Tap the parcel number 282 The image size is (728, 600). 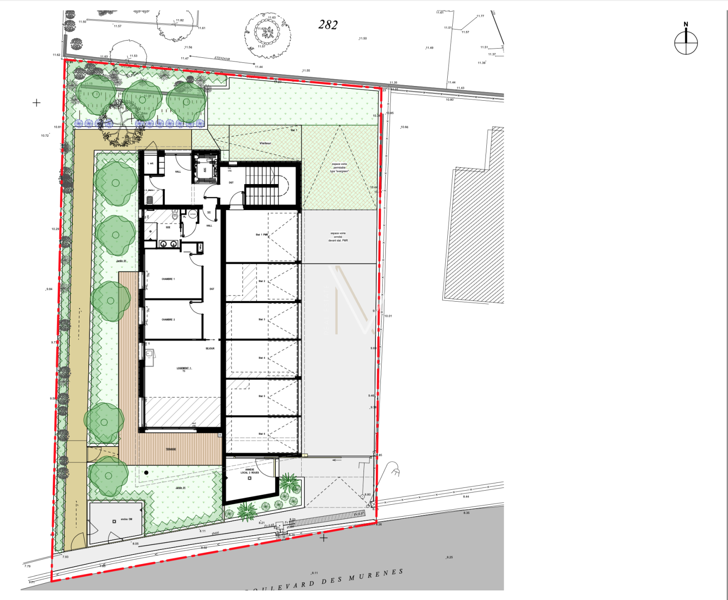click(328, 25)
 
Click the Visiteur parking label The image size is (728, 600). click(265, 143)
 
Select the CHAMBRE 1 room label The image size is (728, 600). click(168, 279)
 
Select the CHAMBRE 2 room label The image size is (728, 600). click(168, 319)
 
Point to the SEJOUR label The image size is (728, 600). click(210, 349)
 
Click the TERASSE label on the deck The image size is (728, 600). click(171, 449)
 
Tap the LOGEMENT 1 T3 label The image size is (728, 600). click(184, 369)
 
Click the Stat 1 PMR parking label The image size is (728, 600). click(262, 235)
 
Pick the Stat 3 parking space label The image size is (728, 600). click(262, 319)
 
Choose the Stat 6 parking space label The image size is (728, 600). click(262, 434)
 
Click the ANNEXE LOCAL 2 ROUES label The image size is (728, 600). click(250, 471)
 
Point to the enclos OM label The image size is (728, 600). click(126, 519)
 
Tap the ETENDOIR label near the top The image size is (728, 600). click(222, 58)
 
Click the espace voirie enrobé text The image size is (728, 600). click(338, 236)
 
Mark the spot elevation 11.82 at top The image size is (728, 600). click(180, 20)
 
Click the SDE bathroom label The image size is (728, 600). click(168, 227)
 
